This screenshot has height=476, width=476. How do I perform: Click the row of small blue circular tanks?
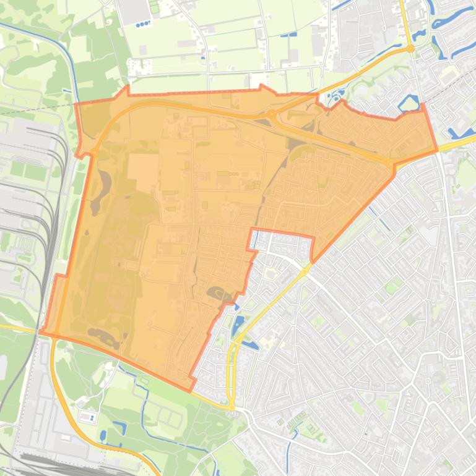(x=143, y=24)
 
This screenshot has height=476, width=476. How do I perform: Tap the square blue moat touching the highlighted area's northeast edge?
(x=408, y=102)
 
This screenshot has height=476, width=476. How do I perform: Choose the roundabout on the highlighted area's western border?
(x=95, y=153)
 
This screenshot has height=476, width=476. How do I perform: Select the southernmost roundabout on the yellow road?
(x=232, y=406)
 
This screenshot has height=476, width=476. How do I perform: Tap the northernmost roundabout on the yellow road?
(x=410, y=48)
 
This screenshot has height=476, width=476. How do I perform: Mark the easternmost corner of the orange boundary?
(x=437, y=150)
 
